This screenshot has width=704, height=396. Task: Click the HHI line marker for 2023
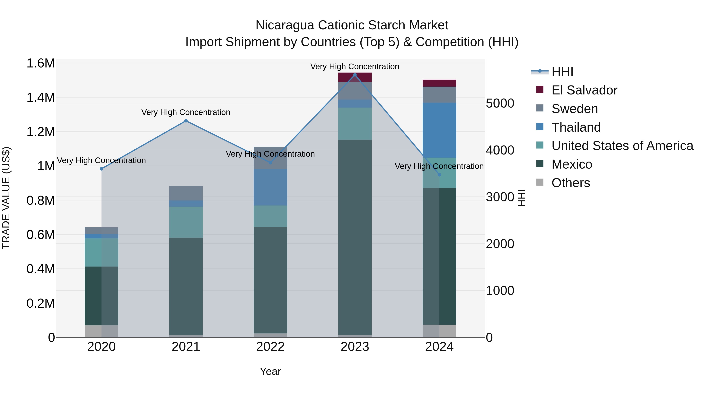(x=355, y=75)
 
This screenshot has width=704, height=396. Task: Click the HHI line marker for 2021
(x=186, y=121)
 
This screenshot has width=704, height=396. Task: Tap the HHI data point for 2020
(x=101, y=169)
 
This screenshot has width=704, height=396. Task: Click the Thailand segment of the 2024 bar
(x=439, y=130)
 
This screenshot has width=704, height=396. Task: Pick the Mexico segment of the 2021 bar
(x=186, y=286)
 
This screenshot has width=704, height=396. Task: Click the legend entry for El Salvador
(x=584, y=90)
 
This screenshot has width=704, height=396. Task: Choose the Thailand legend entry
(x=576, y=127)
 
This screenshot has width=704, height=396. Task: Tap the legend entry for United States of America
(x=622, y=146)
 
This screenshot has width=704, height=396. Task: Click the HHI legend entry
(x=562, y=72)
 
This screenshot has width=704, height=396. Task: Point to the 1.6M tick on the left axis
(x=40, y=63)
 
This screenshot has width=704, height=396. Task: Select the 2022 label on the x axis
(x=270, y=347)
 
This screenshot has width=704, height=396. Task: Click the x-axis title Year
(x=270, y=371)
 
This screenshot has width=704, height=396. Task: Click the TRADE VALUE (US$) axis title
(x=6, y=198)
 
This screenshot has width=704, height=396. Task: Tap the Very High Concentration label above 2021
(x=186, y=112)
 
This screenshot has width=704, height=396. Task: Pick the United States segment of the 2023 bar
(x=355, y=124)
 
